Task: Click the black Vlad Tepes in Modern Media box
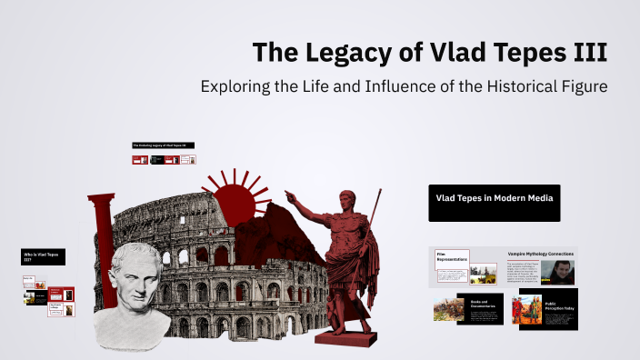point(495,202)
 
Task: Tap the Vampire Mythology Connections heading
point(541,254)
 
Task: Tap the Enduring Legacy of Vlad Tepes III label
point(164,145)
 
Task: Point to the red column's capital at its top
point(101,198)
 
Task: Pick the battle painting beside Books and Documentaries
point(449,309)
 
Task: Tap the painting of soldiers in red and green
point(528,309)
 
